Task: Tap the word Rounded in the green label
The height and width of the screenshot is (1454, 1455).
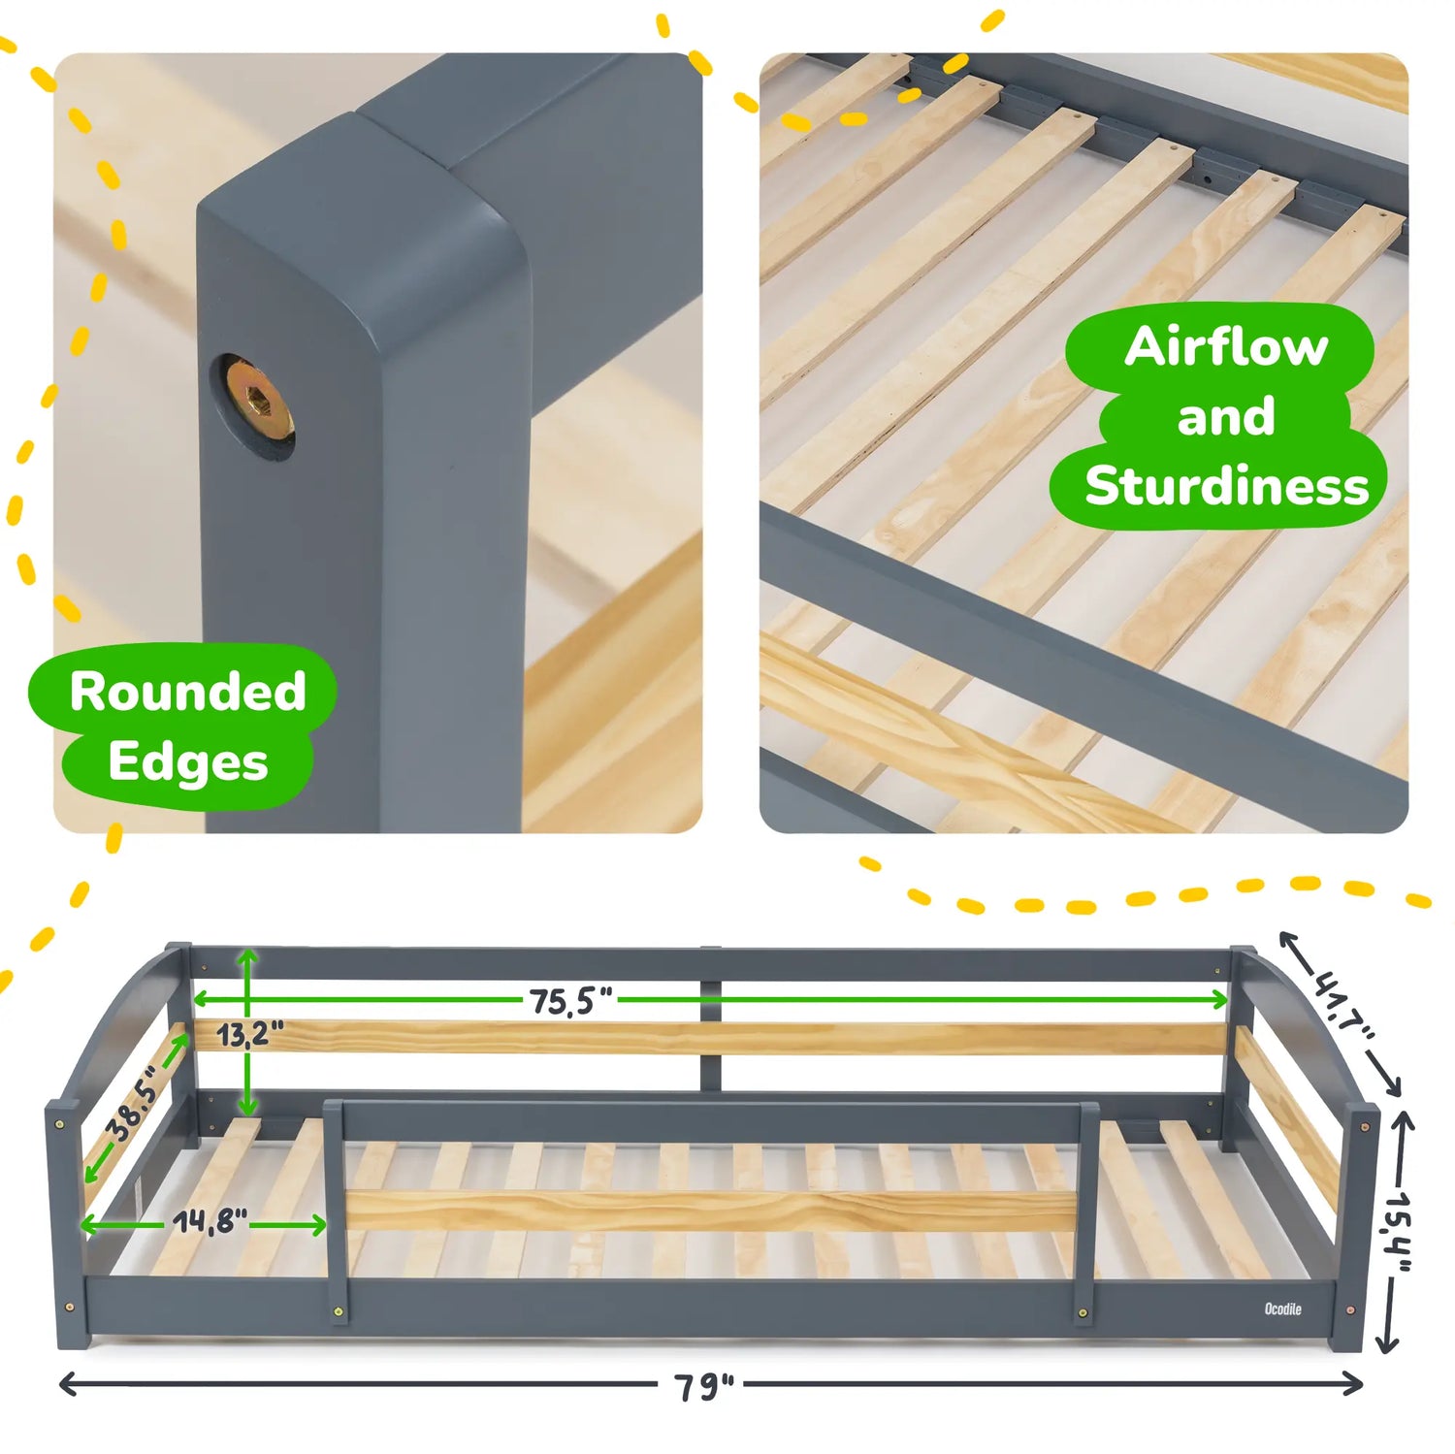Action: tap(187, 692)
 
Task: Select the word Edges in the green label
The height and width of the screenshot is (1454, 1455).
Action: tap(187, 762)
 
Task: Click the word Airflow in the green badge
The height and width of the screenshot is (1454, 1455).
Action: tap(1226, 347)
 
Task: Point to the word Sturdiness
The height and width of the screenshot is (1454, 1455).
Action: tap(1226, 486)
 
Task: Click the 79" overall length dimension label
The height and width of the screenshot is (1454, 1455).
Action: tap(704, 1386)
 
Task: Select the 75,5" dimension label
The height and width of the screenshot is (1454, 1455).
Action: tap(570, 1000)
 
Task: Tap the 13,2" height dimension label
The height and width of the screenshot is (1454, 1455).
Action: tap(249, 1034)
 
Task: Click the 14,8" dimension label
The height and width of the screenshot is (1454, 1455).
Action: tap(210, 1222)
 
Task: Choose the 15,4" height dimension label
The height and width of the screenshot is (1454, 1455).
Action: tap(1398, 1229)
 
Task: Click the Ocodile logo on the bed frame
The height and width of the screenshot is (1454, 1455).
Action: tap(1282, 1309)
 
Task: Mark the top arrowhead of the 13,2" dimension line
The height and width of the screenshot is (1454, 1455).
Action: tap(248, 956)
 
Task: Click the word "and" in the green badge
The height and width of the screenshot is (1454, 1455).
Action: tap(1226, 417)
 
